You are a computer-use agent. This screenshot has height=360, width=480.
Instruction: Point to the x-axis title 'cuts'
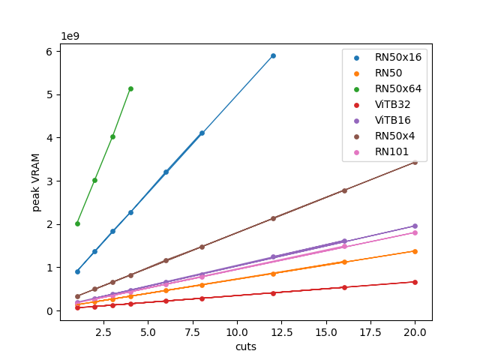click(246, 346)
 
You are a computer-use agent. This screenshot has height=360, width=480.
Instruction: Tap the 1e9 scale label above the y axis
click(70, 35)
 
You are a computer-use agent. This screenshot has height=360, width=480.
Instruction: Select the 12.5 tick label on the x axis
click(273, 331)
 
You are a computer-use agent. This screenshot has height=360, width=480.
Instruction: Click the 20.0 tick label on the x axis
click(415, 331)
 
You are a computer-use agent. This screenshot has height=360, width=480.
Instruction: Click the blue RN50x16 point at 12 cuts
click(273, 55)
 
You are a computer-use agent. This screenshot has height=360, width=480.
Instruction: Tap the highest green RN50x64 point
click(130, 88)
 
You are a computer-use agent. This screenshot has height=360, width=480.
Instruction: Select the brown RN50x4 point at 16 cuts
click(344, 190)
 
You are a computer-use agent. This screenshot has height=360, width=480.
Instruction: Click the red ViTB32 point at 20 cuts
click(415, 282)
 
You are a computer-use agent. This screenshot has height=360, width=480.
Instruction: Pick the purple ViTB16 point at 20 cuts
click(415, 226)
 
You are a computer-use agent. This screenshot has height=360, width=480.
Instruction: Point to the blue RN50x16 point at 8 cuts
click(202, 133)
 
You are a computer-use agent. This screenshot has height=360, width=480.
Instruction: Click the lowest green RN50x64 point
click(77, 223)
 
